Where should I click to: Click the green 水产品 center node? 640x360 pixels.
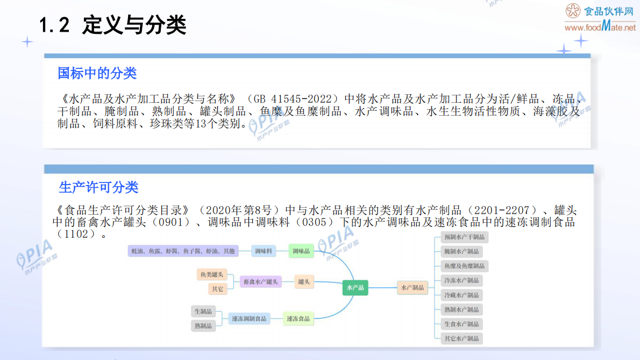(355, 288)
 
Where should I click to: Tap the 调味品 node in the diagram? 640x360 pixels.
(301, 251)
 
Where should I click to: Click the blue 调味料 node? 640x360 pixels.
(264, 251)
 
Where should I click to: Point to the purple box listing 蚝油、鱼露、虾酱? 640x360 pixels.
(183, 251)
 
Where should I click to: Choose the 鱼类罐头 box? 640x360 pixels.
(212, 275)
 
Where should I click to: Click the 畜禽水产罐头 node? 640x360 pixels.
(260, 281)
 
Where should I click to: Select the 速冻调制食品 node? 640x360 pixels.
(249, 319)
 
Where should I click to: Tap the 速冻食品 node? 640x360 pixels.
(298, 319)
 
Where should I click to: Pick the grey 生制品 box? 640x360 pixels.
(203, 311)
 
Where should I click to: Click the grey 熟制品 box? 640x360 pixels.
(203, 326)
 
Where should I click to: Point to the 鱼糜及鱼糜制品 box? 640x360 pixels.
(464, 266)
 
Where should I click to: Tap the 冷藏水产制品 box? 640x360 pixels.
(461, 295)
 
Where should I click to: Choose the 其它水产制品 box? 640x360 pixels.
(461, 338)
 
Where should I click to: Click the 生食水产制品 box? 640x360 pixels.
(461, 324)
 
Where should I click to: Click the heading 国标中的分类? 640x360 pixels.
(97, 73)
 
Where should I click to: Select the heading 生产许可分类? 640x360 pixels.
(98, 187)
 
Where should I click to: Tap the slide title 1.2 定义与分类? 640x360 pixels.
(113, 25)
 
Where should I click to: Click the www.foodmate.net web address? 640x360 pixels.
(600, 27)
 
